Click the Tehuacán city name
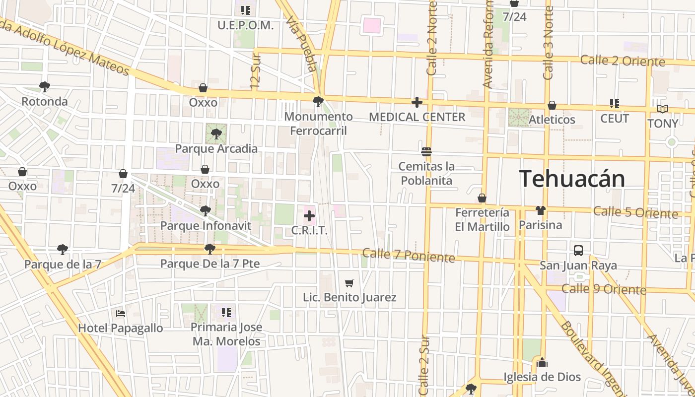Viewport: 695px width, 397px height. [x=572, y=179]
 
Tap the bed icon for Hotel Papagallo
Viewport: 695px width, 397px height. [x=121, y=314]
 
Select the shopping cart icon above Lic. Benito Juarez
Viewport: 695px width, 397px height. [x=349, y=283]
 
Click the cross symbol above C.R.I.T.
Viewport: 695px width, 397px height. [x=309, y=216]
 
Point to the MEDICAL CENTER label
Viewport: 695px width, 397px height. [x=417, y=117]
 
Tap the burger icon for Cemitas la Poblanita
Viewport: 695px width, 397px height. [x=426, y=151]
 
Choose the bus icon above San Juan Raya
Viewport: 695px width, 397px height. [x=578, y=251]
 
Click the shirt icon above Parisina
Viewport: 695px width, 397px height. [x=540, y=210]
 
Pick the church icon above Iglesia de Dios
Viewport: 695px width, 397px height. [x=542, y=362]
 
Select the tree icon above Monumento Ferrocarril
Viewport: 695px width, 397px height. [x=318, y=102]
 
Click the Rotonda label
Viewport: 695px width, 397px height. [x=45, y=102]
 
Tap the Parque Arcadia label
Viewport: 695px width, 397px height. [x=216, y=149]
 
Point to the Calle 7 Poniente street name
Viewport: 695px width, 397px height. [x=409, y=255]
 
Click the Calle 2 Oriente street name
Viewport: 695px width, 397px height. [x=623, y=61]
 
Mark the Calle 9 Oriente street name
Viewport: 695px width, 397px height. [x=604, y=289]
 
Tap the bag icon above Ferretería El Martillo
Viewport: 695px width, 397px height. [x=482, y=198]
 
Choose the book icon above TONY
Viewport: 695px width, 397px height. [x=663, y=109]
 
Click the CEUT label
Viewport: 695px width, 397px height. [x=615, y=119]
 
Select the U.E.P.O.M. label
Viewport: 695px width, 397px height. [x=245, y=25]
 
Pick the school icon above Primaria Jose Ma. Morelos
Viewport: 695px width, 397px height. [x=226, y=313]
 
